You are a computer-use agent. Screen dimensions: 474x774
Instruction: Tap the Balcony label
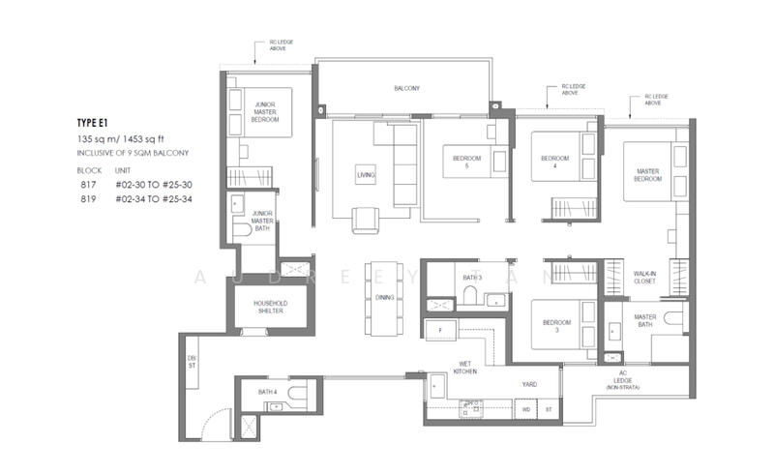point(406,89)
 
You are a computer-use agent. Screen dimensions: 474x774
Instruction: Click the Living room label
point(366,174)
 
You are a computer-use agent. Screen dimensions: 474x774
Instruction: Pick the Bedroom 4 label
point(553,163)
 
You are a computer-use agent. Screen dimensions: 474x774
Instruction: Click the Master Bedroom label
point(647,175)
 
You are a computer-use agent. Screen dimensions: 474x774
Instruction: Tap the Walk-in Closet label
point(646,278)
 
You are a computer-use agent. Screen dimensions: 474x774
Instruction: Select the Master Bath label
point(645,321)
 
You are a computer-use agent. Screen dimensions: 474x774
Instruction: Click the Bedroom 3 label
point(553,326)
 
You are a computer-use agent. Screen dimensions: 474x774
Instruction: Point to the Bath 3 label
point(472,278)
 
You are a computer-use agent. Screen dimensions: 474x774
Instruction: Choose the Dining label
point(385,297)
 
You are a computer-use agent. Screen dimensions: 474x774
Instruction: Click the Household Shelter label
point(271,307)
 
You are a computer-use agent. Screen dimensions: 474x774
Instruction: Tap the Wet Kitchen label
point(466,368)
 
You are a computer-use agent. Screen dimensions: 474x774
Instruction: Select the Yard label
point(529,384)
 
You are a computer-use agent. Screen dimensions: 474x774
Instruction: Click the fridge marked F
point(440,330)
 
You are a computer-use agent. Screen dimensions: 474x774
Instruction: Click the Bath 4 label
point(267,392)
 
